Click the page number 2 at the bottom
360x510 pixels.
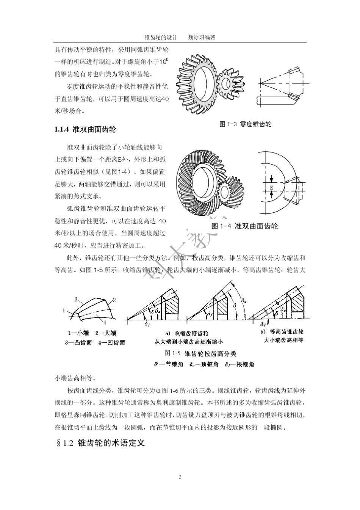point(180,476)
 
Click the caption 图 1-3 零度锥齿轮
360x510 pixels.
point(245,124)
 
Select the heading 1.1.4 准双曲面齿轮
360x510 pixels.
point(85,129)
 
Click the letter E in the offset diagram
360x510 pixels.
point(271,187)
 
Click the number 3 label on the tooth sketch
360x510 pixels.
point(76,300)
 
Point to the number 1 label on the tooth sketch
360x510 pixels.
point(65,310)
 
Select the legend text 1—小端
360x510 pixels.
point(78,333)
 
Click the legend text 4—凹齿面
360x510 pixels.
point(111,342)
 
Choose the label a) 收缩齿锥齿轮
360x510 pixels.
point(187,333)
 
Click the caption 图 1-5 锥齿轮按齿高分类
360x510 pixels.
point(200,353)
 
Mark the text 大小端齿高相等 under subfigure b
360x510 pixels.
point(284,340)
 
